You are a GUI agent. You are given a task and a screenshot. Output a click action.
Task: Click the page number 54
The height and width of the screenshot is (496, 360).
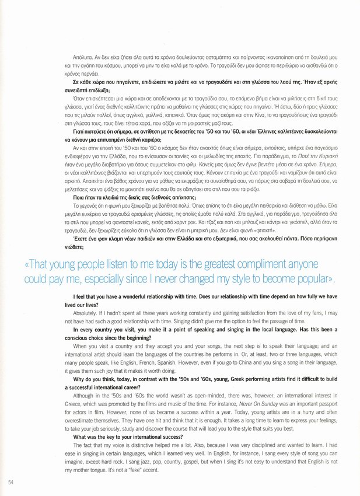(11, 481)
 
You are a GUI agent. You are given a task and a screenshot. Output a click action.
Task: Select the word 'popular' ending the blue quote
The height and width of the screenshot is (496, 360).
(312, 280)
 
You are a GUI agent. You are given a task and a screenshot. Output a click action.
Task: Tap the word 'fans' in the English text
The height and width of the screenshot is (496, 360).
(313, 313)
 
